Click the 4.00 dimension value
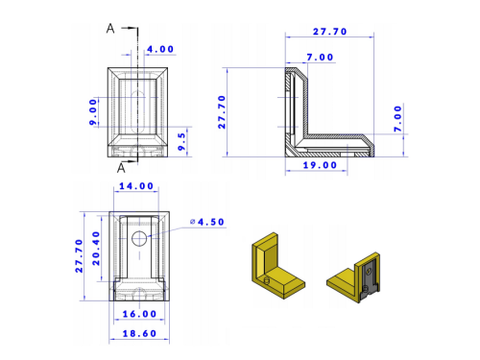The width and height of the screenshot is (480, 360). click(x=160, y=49)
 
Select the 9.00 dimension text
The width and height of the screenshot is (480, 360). click(x=93, y=112)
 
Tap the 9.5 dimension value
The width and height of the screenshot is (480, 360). click(x=181, y=142)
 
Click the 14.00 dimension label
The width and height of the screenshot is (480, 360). click(x=136, y=186)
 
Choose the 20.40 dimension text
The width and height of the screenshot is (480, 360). click(x=96, y=249)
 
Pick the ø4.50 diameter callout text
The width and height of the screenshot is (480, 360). click(x=207, y=222)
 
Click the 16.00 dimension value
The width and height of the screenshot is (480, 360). click(x=139, y=314)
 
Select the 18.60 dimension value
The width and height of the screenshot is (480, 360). click(x=139, y=333)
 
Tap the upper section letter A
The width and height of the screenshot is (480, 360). click(x=110, y=29)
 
